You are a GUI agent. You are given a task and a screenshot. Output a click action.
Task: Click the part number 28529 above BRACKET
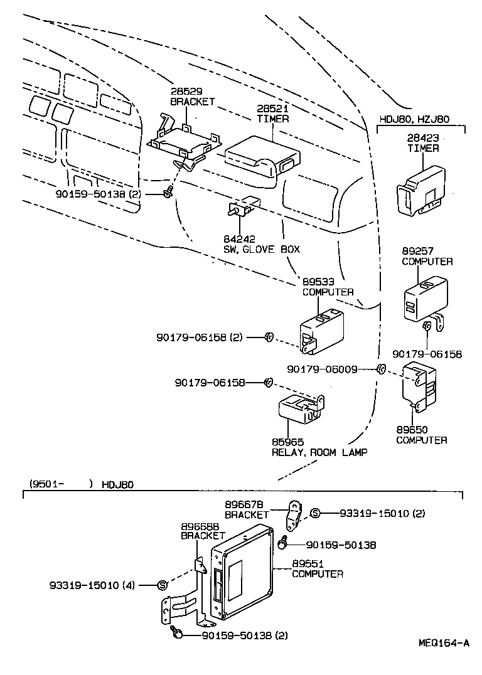pyautogui.click(x=183, y=92)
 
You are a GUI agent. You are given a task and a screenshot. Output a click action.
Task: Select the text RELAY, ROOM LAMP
pyautogui.click(x=319, y=452)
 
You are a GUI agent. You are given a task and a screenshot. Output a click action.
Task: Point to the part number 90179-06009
pyautogui.click(x=322, y=369)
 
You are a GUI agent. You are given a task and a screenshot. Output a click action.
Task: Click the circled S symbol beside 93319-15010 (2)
pyautogui.click(x=315, y=513)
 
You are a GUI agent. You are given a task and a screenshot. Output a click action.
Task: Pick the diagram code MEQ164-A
pyautogui.click(x=444, y=643)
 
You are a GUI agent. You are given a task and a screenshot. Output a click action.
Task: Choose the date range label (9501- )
pyautogui.click(x=60, y=484)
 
